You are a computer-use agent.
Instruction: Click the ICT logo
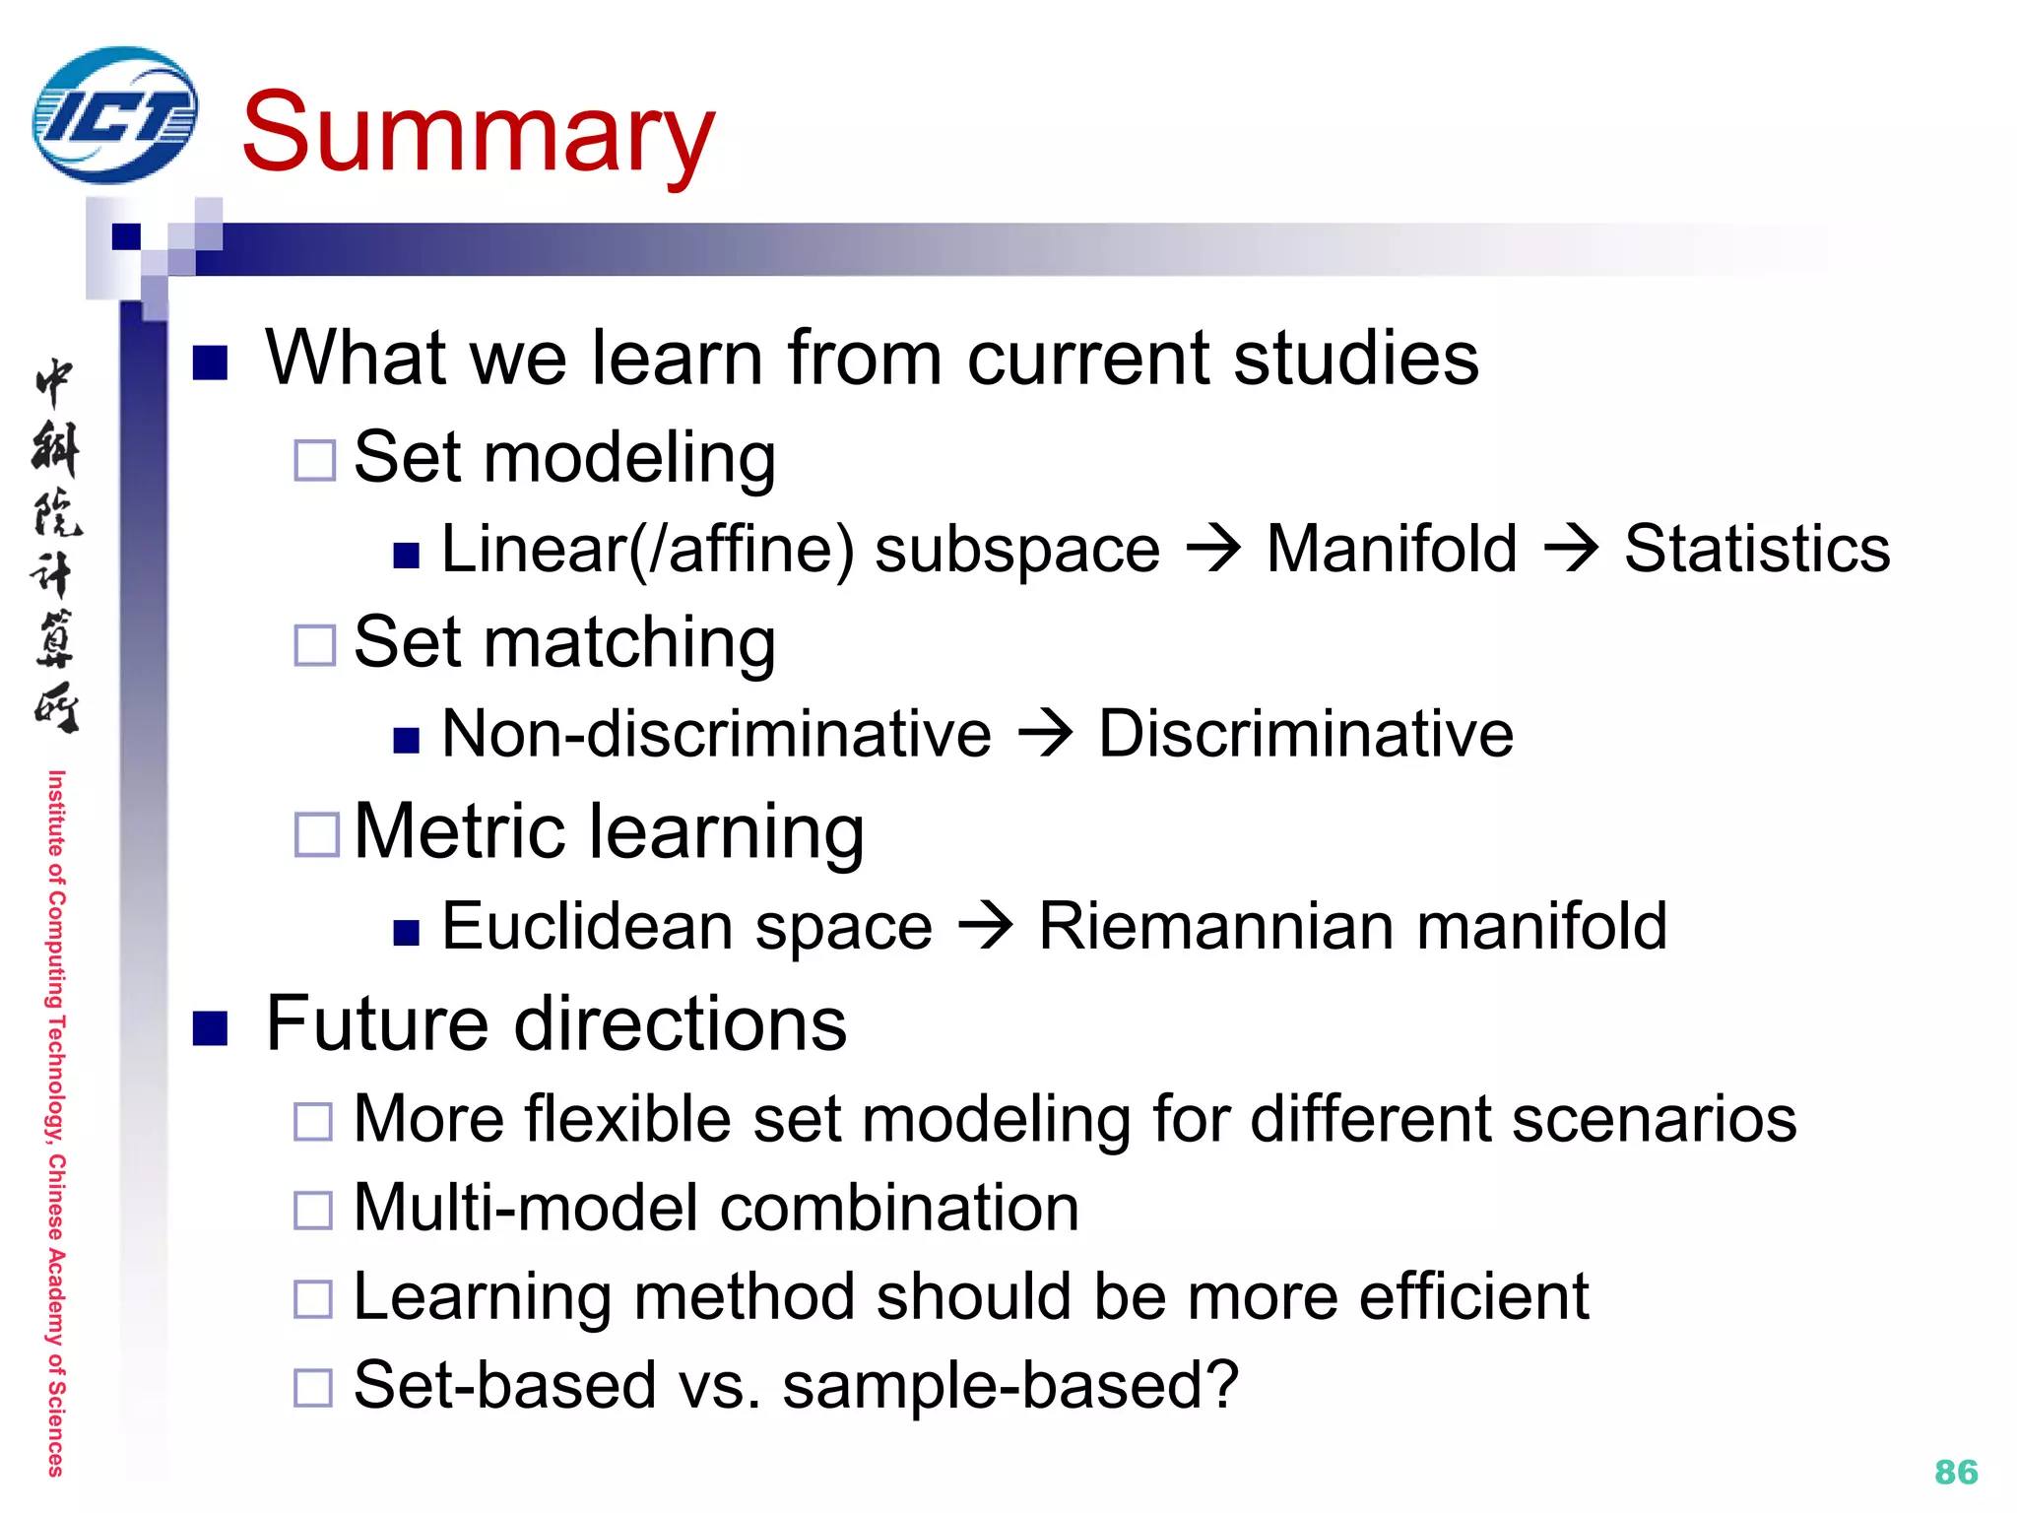[114, 115]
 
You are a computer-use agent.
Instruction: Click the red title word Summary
[478, 133]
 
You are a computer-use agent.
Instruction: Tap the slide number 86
[1956, 1472]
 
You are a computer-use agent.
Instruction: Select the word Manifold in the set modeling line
[1391, 549]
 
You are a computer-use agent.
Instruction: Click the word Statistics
[1757, 549]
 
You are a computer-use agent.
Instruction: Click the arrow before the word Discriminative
[1045, 734]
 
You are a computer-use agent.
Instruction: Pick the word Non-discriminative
[716, 734]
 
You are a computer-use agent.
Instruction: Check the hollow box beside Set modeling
[315, 460]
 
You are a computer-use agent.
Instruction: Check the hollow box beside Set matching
[315, 645]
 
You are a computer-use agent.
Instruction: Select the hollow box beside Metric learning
[317, 834]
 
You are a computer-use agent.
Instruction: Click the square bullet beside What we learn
[210, 362]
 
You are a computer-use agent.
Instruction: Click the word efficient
[1473, 1296]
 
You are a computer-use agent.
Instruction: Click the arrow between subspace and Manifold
[1213, 548]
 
